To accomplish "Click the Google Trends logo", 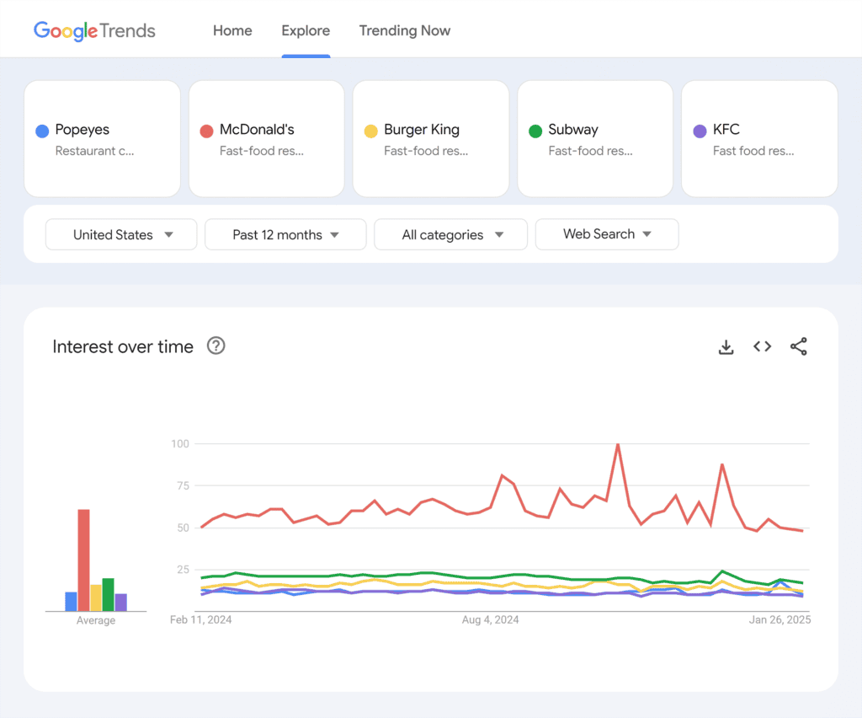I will pyautogui.click(x=94, y=30).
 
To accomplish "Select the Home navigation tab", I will pyautogui.click(x=232, y=30).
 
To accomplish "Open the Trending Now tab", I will pyautogui.click(x=405, y=30).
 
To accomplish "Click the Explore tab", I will pyautogui.click(x=306, y=30).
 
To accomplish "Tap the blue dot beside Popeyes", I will pyautogui.click(x=41, y=131).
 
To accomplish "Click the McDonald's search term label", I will pyautogui.click(x=257, y=130).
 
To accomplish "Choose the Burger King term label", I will pyautogui.click(x=422, y=130).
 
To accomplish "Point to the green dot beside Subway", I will pyautogui.click(x=535, y=131).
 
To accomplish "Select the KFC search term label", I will pyautogui.click(x=726, y=130).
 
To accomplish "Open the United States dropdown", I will pyautogui.click(x=121, y=234).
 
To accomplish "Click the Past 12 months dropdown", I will pyautogui.click(x=285, y=234).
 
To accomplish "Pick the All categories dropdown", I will pyautogui.click(x=450, y=234).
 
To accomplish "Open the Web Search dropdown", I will pyautogui.click(x=607, y=234).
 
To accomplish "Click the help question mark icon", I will pyautogui.click(x=216, y=346).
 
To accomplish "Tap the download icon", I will pyautogui.click(x=726, y=346).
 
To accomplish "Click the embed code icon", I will pyautogui.click(x=763, y=346).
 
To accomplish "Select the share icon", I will pyautogui.click(x=799, y=346).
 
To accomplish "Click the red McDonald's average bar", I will pyautogui.click(x=83, y=560).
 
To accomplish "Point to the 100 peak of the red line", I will pyautogui.click(x=618, y=445).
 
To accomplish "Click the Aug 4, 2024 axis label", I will pyautogui.click(x=491, y=620).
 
